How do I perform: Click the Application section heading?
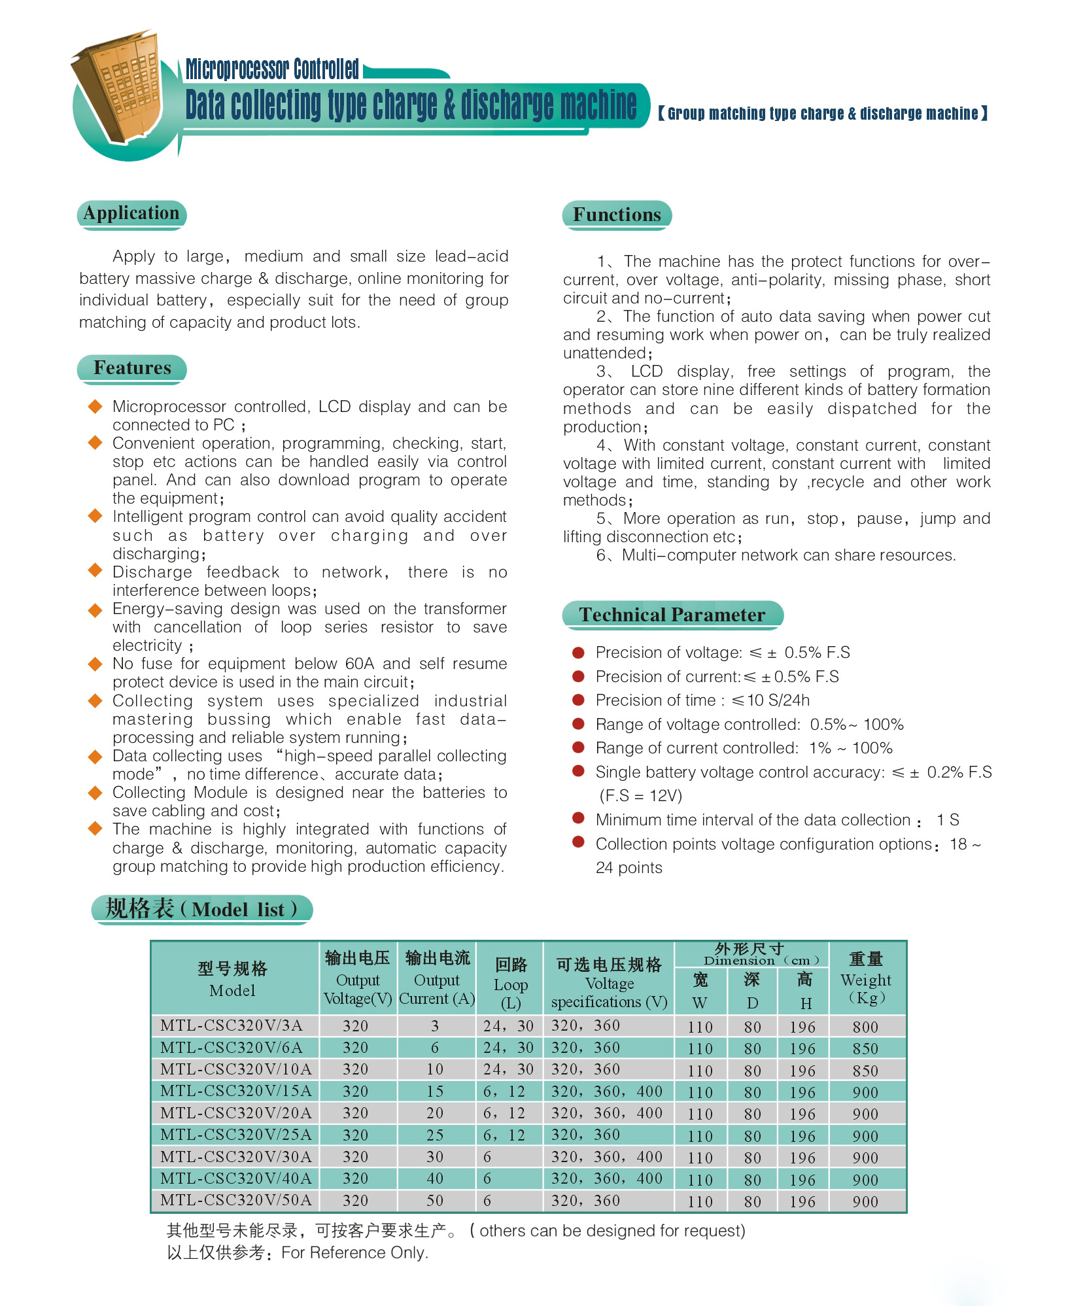[131, 214]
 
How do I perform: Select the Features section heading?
[132, 368]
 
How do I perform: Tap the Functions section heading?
[617, 215]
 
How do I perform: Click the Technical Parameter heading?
[672, 615]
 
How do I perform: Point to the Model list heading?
[201, 909]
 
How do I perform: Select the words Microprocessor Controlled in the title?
[272, 69]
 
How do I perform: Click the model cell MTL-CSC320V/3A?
[232, 1025]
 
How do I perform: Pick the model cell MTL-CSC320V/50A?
[235, 1200]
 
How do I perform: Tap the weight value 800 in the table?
[865, 1027]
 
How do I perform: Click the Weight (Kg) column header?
[866, 979]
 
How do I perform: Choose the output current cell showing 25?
[435, 1135]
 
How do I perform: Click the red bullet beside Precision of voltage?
[578, 652]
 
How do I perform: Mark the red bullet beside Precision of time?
[578, 700]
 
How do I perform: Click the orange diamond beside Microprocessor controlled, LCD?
[95, 407]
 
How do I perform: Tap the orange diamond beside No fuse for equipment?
[95, 664]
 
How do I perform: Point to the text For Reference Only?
[354, 1252]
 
